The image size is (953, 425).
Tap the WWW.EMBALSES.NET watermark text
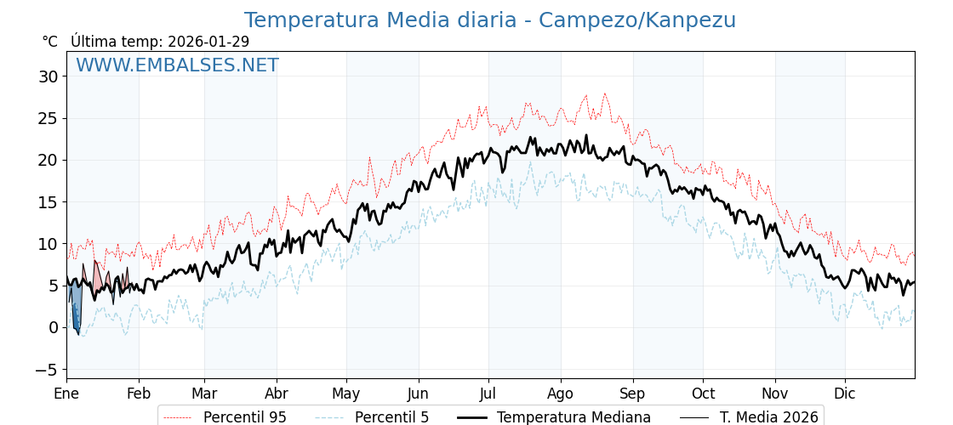pos(177,65)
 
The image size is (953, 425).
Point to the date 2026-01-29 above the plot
pos(208,42)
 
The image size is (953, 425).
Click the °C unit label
pos(49,42)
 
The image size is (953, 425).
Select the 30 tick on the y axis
pos(48,76)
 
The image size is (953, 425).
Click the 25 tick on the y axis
pos(48,118)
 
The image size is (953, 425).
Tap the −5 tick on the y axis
pos(46,370)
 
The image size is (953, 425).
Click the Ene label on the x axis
pos(66,394)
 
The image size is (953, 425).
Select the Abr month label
pos(277,394)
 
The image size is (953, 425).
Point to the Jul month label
pos(488,394)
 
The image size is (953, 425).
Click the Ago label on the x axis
pos(560,394)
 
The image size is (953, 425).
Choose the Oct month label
pos(703,394)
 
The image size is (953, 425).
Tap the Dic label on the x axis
pos(845,394)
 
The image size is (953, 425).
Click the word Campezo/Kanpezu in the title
pos(637,20)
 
